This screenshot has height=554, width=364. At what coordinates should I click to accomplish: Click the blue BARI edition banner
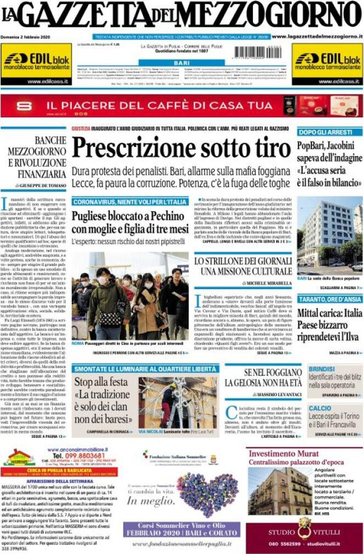point(181,63)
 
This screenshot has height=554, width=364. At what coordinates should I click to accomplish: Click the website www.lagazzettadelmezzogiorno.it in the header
point(317,36)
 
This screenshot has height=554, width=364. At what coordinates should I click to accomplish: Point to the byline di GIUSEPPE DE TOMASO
point(37,186)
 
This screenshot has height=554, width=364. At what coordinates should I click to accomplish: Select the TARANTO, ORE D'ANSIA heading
point(329,299)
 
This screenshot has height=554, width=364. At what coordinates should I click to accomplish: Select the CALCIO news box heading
point(319,408)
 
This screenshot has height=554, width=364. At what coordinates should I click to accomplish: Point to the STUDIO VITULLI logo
point(304,531)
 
